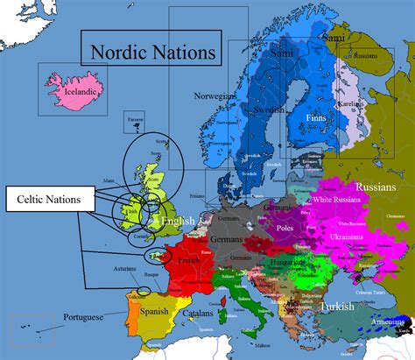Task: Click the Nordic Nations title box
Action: click(150, 51)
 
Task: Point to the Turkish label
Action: click(336, 307)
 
